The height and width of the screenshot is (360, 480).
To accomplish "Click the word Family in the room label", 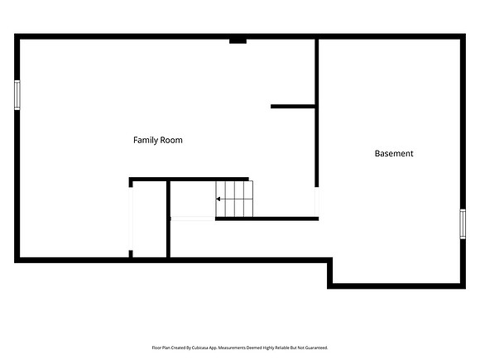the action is [146, 140].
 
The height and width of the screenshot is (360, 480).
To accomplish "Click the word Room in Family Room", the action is [172, 140].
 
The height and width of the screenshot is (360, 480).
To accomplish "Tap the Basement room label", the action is [394, 153].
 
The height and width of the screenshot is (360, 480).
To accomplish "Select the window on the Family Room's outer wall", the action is [17, 95].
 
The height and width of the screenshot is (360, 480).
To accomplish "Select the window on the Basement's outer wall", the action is [463, 224].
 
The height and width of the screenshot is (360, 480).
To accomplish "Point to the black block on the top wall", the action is [238, 41].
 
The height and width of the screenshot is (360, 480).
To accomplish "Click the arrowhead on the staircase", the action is [218, 199].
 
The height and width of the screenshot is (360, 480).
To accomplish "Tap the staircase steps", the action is [234, 199].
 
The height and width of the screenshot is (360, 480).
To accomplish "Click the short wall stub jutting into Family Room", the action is [293, 107].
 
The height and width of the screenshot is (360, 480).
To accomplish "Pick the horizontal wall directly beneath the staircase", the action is [267, 218].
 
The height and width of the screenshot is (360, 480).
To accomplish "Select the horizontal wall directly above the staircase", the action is [189, 179].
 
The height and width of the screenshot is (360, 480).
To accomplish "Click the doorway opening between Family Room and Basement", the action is [317, 202].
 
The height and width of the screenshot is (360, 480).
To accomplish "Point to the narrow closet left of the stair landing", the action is [150, 219].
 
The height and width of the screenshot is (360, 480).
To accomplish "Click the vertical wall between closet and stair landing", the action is [168, 219].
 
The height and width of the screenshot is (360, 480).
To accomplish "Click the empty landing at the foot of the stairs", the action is [193, 199].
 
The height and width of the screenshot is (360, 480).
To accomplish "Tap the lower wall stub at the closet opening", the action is [131, 254].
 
